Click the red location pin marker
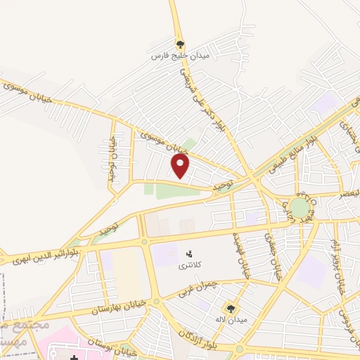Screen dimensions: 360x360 point(181,166)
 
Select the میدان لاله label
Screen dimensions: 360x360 point(230,320)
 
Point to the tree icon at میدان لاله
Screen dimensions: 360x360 point(230,308)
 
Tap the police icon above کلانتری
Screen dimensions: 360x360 point(188,252)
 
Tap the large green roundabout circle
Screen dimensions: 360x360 point(300,208)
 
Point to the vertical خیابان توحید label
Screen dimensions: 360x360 point(112,159)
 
